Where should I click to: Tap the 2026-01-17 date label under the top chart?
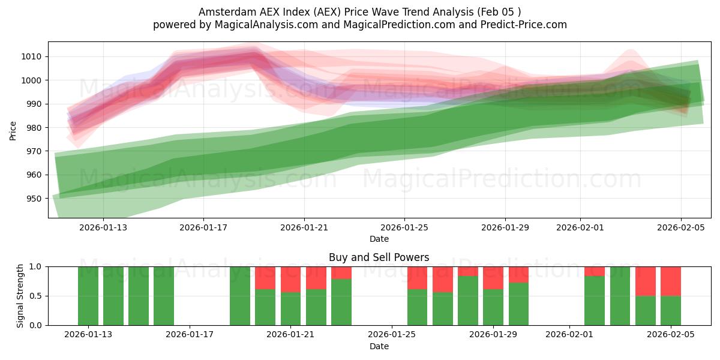[203, 227]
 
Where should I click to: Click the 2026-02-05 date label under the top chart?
[680, 227]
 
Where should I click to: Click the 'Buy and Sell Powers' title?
[379, 257]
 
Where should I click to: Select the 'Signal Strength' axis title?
[20, 295]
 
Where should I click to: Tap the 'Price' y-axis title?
[13, 130]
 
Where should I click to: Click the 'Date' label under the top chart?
[379, 239]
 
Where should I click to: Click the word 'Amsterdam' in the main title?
[223, 11]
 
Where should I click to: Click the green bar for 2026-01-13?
[88, 296]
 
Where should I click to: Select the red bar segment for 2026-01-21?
[291, 279]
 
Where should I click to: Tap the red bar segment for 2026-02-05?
[671, 281]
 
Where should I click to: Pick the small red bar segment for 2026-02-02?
[595, 271]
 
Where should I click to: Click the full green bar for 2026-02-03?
[620, 296]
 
